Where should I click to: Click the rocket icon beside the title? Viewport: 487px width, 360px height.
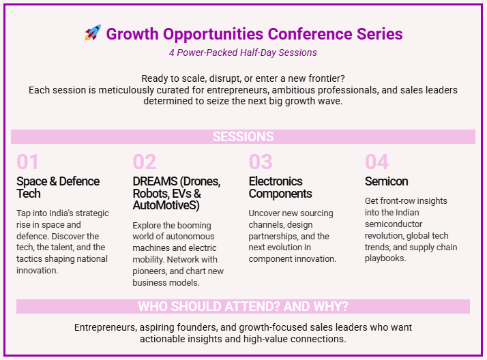[x=93, y=33]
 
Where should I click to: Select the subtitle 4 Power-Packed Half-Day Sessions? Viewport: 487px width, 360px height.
[x=243, y=52]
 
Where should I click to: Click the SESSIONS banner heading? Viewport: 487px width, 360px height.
[x=243, y=136]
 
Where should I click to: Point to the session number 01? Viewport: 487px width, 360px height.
[x=27, y=162]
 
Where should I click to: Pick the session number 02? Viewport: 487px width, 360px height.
[x=144, y=162]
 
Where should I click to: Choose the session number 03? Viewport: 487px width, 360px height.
[x=261, y=162]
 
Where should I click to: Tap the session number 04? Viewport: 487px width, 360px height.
[x=377, y=162]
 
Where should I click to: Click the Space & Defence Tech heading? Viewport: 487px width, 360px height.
[x=58, y=187]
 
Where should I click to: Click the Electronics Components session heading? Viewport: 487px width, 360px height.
[x=280, y=187]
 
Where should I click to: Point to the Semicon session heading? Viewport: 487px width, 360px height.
[x=386, y=181]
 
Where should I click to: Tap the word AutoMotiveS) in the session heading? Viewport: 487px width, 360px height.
[x=166, y=205]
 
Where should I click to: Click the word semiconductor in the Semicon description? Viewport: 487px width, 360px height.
[x=394, y=224]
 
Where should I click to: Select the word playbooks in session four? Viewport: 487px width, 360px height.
[x=385, y=258]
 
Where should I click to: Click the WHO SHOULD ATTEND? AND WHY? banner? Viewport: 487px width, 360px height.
[x=243, y=306]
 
